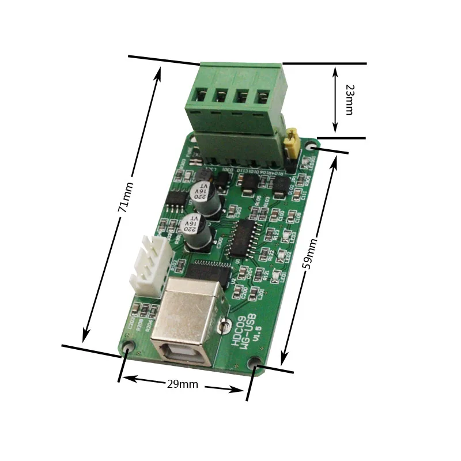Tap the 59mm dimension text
click(309, 254)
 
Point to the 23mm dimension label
click(349, 99)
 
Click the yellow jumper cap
click(292, 143)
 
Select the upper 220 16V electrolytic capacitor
click(206, 195)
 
